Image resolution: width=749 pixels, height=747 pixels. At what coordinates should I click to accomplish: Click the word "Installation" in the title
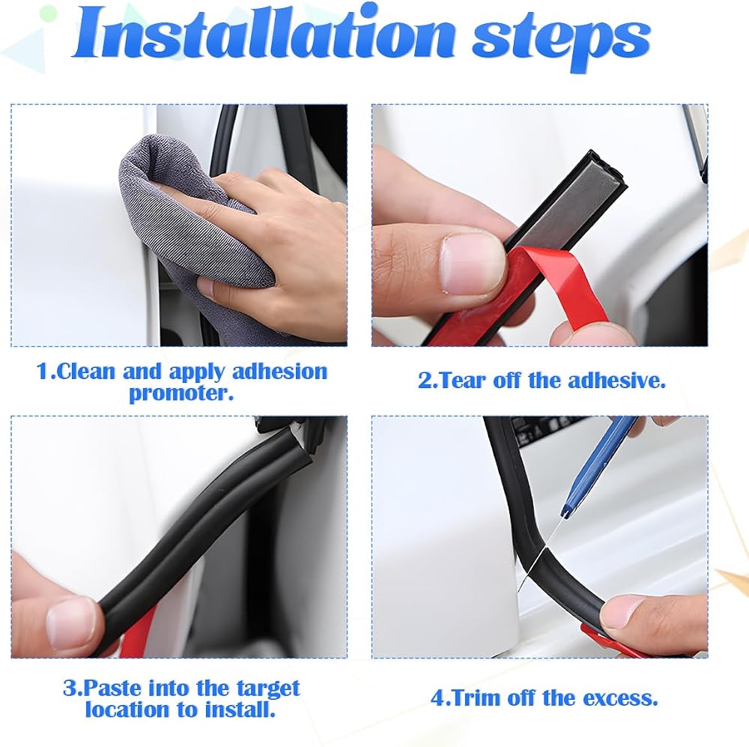click(x=264, y=34)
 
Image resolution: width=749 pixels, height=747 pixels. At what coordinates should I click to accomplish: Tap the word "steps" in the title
click(x=562, y=40)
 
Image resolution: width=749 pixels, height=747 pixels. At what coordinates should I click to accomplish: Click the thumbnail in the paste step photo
click(x=68, y=623)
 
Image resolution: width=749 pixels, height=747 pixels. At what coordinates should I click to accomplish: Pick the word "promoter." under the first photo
click(x=181, y=394)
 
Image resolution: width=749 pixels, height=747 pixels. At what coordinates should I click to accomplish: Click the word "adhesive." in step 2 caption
click(x=616, y=381)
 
